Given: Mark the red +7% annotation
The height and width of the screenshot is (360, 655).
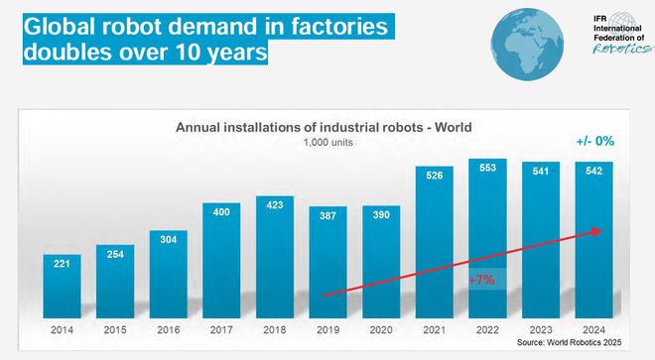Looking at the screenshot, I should click(482, 281).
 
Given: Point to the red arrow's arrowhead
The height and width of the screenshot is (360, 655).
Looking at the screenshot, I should click(596, 231).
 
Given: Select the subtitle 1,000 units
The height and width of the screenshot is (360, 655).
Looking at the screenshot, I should click(327, 142).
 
